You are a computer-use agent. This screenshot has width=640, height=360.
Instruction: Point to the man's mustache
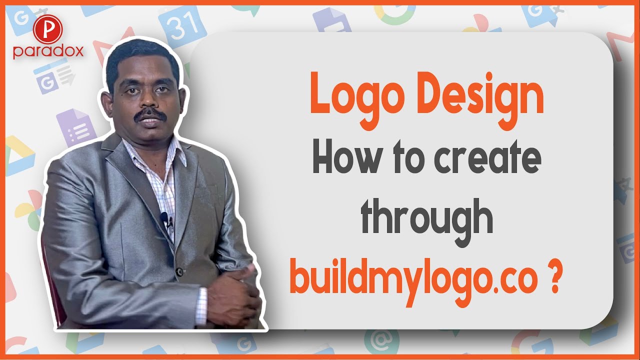click(150, 114)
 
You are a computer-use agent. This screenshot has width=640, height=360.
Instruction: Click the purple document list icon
click(75, 127)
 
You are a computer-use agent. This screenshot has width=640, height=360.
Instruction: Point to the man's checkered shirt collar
click(155, 152)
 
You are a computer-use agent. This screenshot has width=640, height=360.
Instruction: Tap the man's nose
click(146, 99)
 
